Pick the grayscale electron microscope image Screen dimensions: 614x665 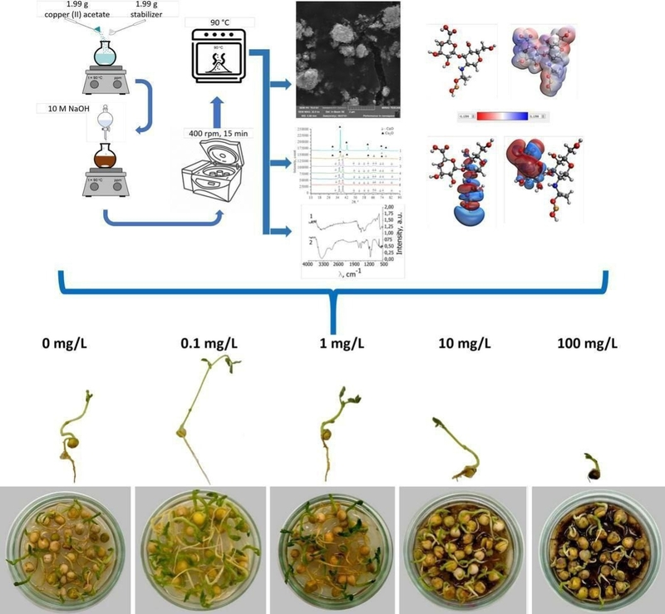coord(347,58)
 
